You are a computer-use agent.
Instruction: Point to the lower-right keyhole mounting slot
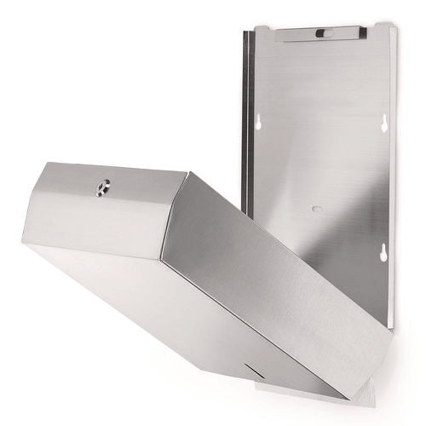[383, 251]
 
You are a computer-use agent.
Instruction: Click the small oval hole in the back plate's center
[317, 209]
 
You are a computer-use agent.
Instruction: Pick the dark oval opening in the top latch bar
[320, 33]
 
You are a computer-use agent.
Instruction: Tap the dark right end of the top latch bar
[361, 32]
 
